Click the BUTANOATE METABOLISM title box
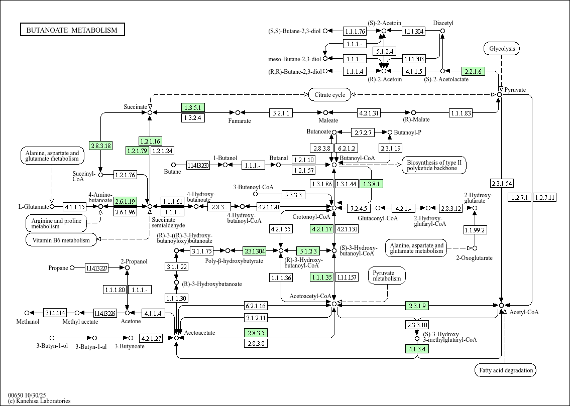(72, 30)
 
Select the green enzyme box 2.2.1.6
(474, 72)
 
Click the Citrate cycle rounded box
(330, 94)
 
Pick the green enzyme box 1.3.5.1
(193, 107)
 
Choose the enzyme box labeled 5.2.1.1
(281, 113)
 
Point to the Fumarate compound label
(240, 121)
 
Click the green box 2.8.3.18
(101, 146)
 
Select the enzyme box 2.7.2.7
(363, 132)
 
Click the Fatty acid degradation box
(505, 370)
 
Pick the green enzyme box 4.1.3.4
(417, 349)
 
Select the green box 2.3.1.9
(417, 305)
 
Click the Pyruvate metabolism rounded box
(387, 276)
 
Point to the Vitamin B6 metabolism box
(61, 240)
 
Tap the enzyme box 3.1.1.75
(202, 250)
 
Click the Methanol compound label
(28, 322)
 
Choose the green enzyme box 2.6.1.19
(126, 201)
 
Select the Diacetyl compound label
(443, 23)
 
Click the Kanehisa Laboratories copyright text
(39, 400)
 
